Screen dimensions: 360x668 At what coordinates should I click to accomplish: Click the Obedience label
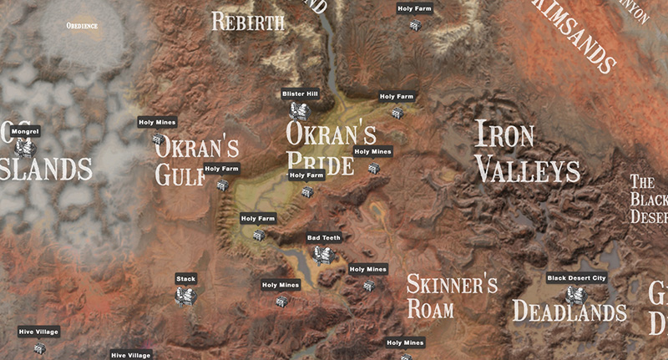82,26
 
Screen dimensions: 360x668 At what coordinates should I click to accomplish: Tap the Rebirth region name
248,22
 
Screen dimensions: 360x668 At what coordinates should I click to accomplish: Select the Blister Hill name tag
300,94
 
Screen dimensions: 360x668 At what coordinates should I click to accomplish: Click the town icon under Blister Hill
299,110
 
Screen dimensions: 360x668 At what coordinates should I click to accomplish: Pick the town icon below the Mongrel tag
26,148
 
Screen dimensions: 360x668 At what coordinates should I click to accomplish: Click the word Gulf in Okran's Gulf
179,175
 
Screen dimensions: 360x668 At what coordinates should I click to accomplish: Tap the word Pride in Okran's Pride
320,162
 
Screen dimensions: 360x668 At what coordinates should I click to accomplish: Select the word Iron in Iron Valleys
504,135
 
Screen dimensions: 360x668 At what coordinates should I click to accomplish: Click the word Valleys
528,170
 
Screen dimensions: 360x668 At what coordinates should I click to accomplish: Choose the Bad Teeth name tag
324,238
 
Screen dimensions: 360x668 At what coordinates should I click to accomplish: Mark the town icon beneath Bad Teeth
324,254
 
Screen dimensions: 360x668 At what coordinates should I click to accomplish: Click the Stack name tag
185,278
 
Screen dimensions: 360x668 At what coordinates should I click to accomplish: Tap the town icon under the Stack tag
185,295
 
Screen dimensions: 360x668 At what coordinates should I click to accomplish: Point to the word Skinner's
452,284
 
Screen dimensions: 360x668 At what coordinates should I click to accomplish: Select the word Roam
430,308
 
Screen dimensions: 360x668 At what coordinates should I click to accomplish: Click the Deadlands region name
569,312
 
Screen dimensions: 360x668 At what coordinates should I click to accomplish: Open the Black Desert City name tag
576,277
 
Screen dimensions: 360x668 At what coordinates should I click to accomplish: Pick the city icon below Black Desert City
575,295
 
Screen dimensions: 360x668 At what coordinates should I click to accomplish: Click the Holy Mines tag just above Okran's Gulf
157,123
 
